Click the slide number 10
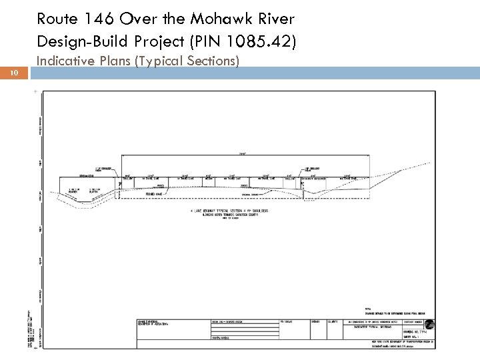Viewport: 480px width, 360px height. coord(14,75)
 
